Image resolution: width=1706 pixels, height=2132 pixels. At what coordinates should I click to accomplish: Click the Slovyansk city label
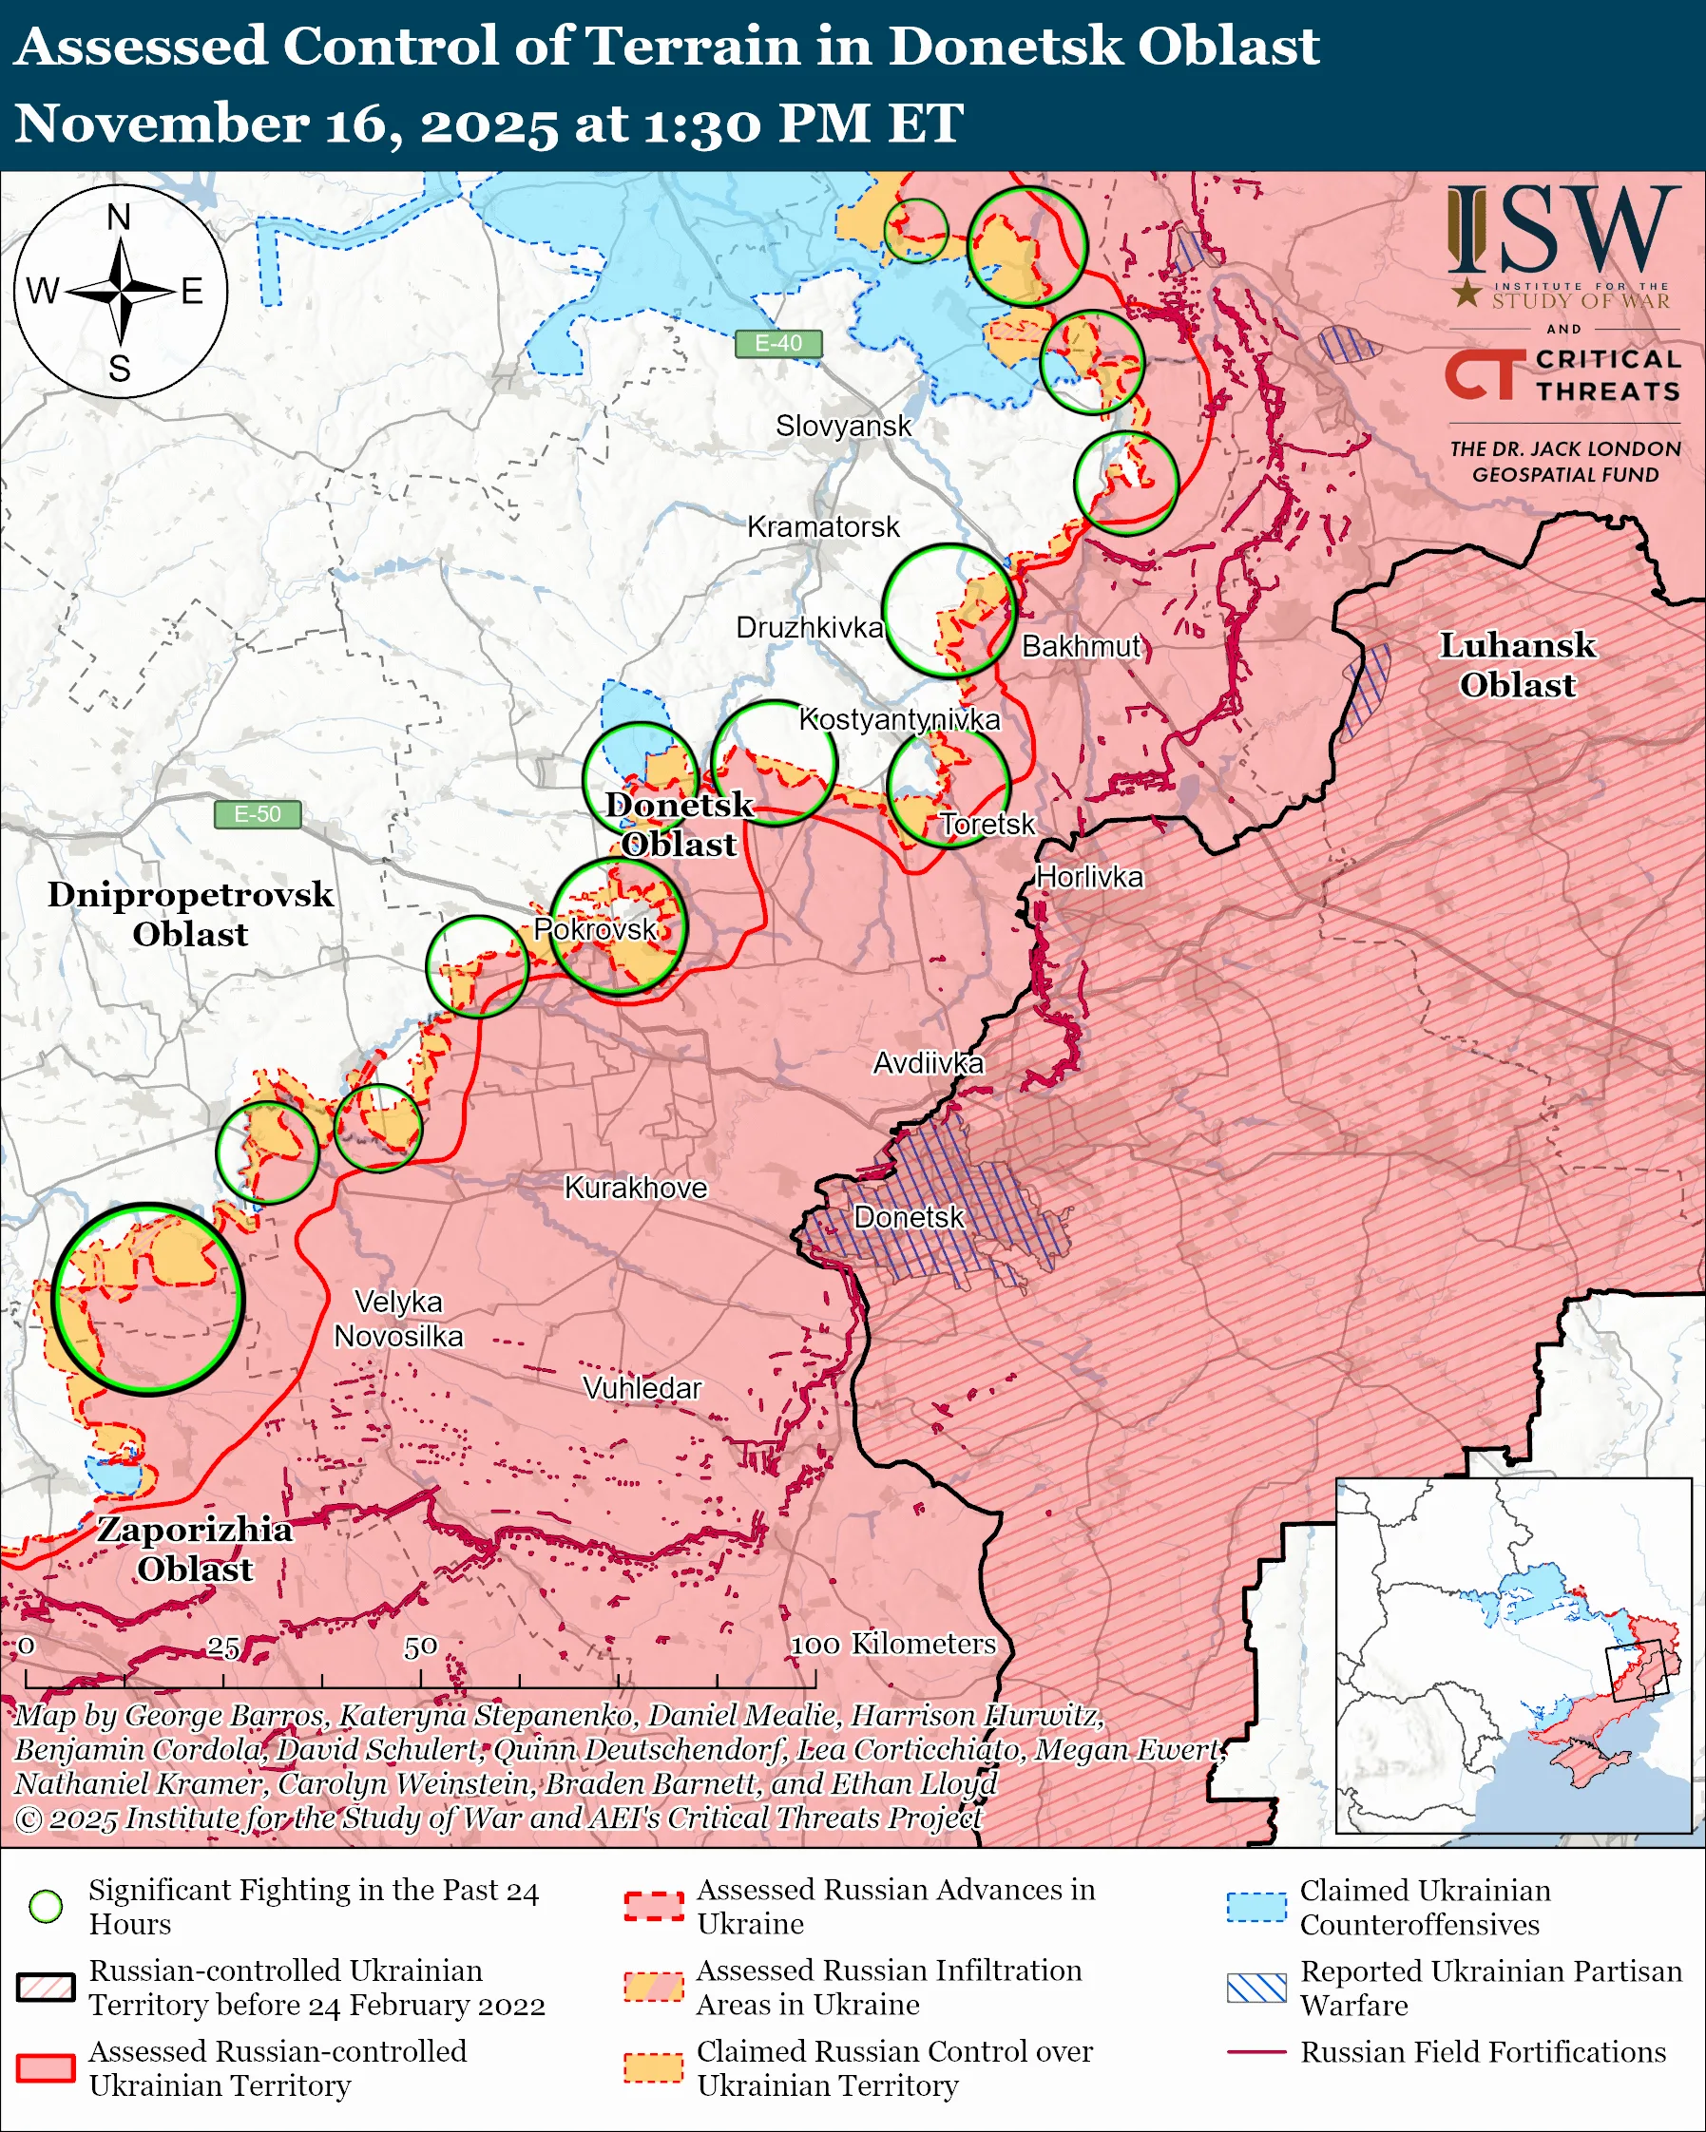pyautogui.click(x=843, y=427)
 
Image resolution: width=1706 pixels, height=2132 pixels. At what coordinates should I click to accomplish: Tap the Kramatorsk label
pyautogui.click(x=823, y=527)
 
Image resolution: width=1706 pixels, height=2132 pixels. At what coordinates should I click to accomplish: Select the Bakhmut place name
pyautogui.click(x=1081, y=647)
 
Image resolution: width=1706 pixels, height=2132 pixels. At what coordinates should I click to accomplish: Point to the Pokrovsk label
pyautogui.click(x=594, y=929)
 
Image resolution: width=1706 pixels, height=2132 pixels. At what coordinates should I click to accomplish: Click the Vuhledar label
pyautogui.click(x=642, y=1388)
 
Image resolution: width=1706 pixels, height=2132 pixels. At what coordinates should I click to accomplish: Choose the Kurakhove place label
pyautogui.click(x=636, y=1188)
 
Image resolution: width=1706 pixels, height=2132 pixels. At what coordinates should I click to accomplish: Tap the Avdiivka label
pyautogui.click(x=928, y=1063)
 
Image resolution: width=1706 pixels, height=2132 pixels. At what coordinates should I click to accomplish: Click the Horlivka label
pyautogui.click(x=1089, y=877)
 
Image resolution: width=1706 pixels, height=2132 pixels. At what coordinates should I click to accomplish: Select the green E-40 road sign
pyautogui.click(x=778, y=343)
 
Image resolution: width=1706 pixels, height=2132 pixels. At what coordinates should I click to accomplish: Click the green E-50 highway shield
pyautogui.click(x=258, y=814)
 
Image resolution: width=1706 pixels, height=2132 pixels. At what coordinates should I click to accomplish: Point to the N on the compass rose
pyautogui.click(x=119, y=218)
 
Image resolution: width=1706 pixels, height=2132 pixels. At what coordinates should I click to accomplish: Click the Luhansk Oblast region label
pyautogui.click(x=1516, y=664)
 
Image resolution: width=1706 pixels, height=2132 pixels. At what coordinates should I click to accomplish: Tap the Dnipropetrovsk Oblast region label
pyautogui.click(x=190, y=914)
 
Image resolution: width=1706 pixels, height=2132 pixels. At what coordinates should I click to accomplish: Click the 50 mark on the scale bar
pyautogui.click(x=420, y=1647)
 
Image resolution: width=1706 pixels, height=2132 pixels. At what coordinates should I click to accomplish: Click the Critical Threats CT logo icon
pyautogui.click(x=1484, y=373)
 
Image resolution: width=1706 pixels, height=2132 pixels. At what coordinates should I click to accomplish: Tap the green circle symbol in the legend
pyautogui.click(x=47, y=1906)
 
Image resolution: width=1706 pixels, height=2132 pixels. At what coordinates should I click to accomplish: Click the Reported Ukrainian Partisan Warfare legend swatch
pyautogui.click(x=1256, y=1988)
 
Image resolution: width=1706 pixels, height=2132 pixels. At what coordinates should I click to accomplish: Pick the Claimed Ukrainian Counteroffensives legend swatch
pyautogui.click(x=1256, y=1907)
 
